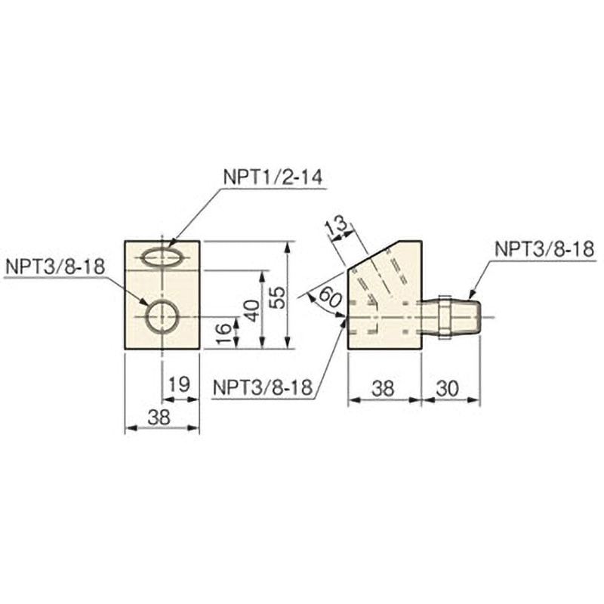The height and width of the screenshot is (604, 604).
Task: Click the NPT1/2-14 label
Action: tap(273, 178)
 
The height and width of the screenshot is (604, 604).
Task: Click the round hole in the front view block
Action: tap(162, 316)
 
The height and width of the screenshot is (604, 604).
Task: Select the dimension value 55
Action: tap(279, 297)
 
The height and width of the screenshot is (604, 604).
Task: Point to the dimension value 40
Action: tap(253, 310)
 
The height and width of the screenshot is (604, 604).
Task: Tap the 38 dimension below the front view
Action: tap(159, 416)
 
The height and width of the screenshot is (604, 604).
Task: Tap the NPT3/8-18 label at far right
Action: tap(544, 249)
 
